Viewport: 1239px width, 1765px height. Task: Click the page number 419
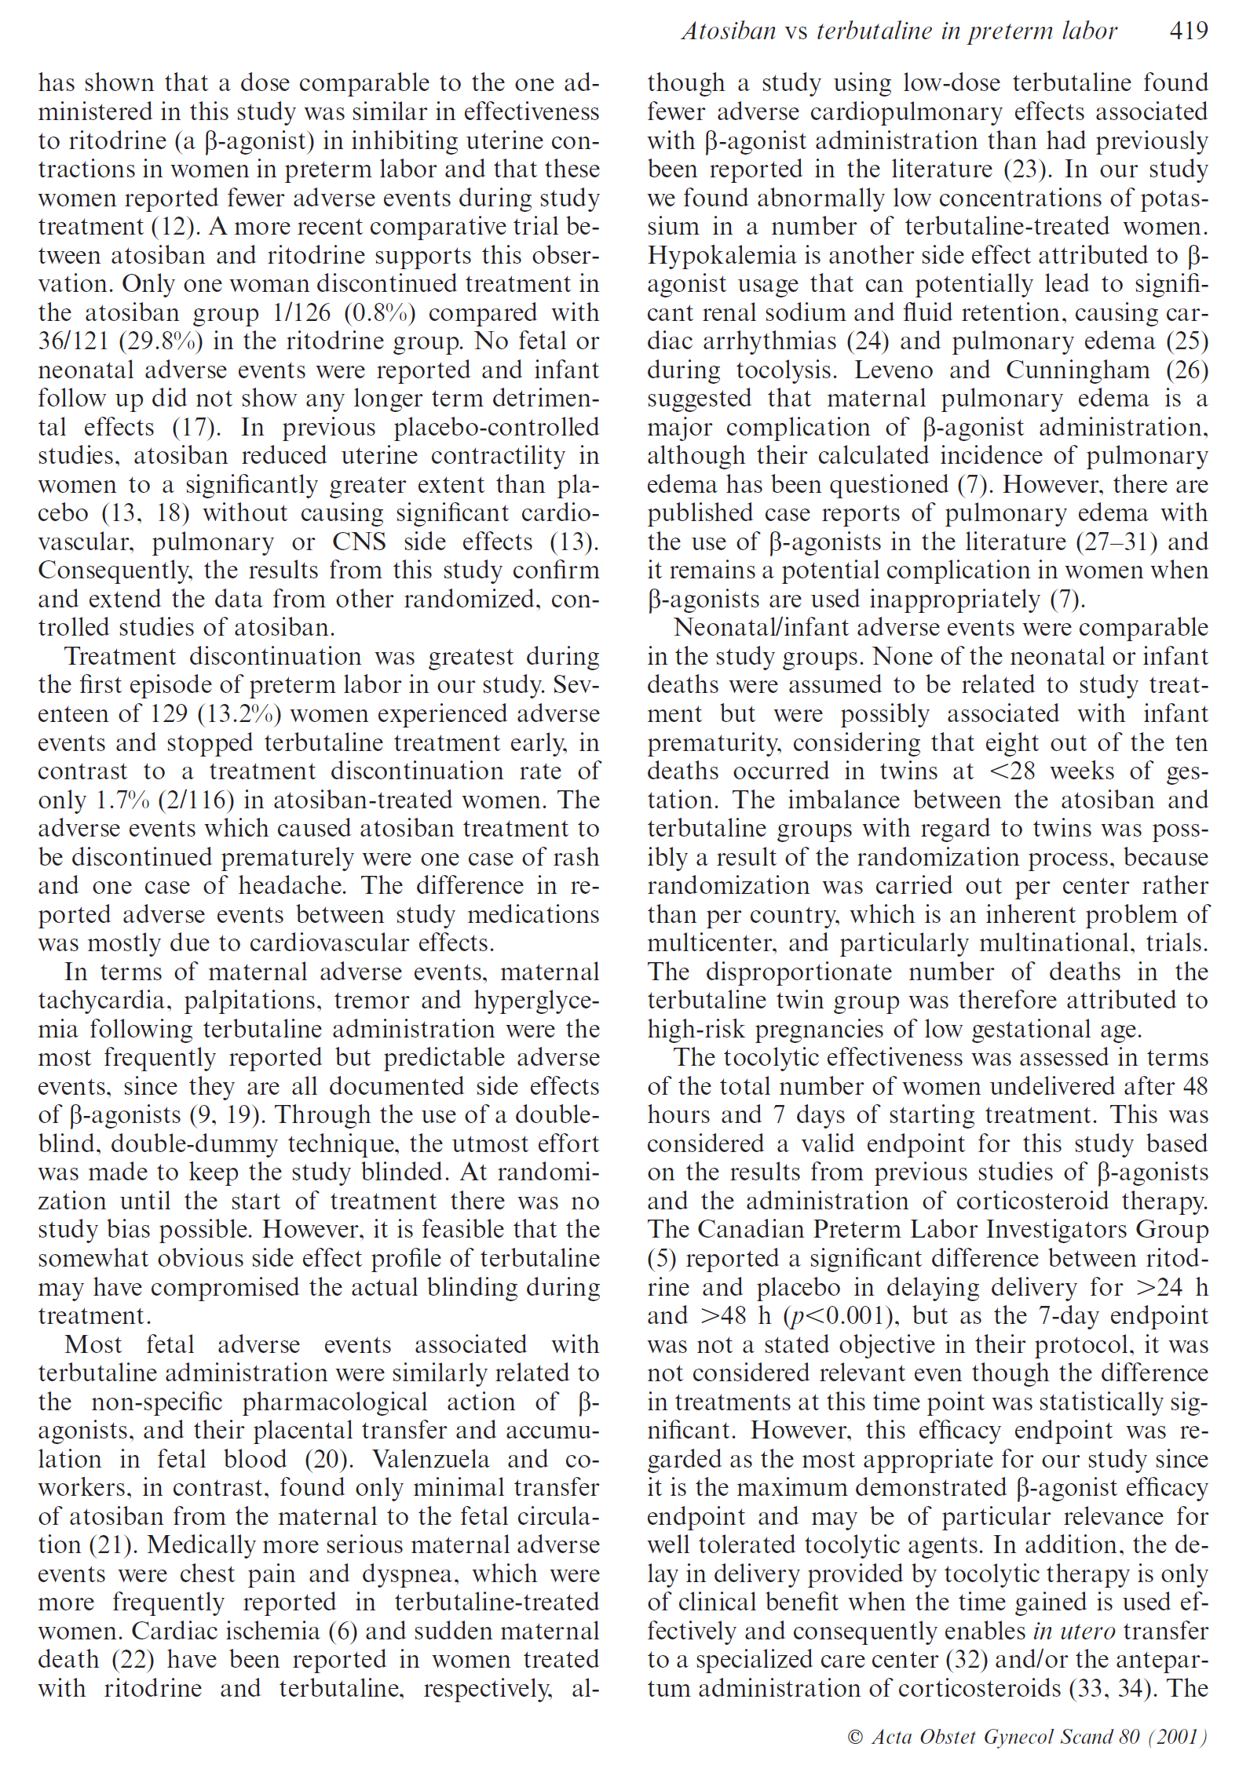coord(1188,31)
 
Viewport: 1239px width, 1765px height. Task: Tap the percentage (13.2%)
coord(240,714)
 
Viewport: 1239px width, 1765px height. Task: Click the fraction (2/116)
coord(196,800)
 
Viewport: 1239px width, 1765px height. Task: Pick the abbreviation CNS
coord(359,542)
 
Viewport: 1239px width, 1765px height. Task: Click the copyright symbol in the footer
coord(855,1737)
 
